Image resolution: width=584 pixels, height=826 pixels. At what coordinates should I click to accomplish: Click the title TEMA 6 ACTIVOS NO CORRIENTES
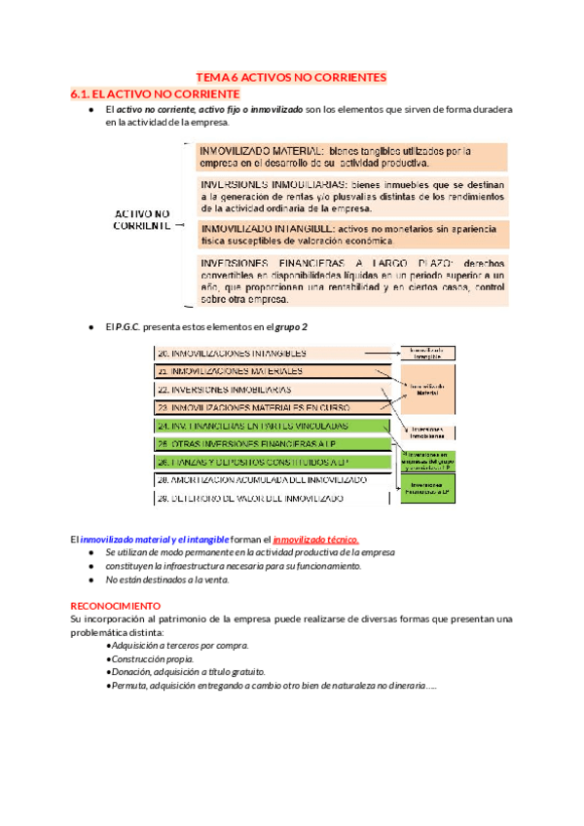pyautogui.click(x=292, y=77)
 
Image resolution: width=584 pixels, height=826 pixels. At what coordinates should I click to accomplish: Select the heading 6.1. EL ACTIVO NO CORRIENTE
pyautogui.click(x=155, y=94)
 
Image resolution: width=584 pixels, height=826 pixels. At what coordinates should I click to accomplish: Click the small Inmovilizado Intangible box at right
pyautogui.click(x=427, y=353)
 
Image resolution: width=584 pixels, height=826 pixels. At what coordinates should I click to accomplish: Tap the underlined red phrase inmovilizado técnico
pyautogui.click(x=315, y=539)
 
